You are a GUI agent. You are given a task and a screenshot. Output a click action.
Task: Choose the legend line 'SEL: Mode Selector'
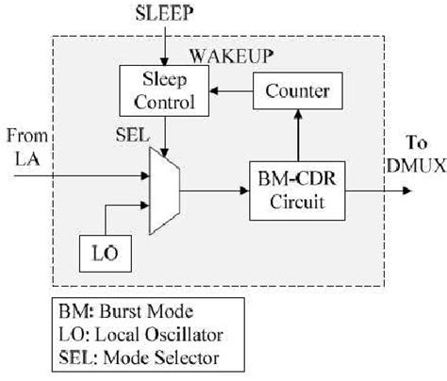[x=127, y=358]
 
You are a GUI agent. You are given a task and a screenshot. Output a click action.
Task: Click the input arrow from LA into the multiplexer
[x=75, y=174]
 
